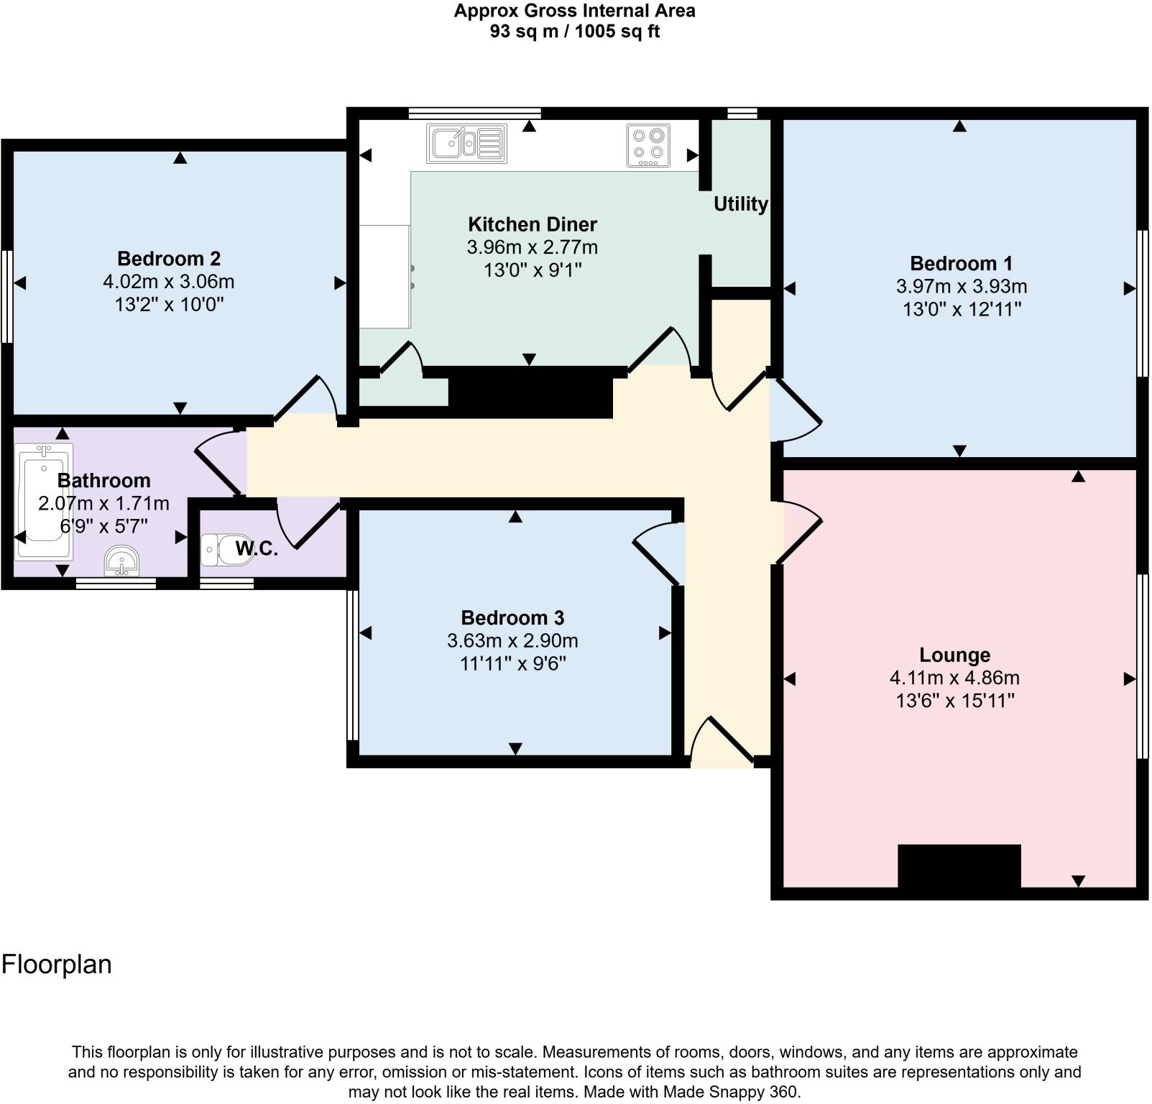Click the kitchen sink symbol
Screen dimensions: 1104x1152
[466, 142]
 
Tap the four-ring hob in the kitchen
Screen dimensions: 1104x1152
[648, 145]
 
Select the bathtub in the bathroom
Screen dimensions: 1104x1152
[43, 501]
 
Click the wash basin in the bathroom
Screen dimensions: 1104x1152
[121, 560]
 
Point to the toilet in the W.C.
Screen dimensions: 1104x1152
[220, 550]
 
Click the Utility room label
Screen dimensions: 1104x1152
[740, 204]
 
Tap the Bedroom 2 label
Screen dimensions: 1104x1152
[169, 259]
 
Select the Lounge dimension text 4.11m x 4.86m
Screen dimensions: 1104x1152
[954, 678]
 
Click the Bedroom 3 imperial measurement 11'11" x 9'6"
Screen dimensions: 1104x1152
[512, 663]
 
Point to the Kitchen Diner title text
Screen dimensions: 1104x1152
[532, 224]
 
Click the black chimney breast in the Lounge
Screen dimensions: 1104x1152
[959, 866]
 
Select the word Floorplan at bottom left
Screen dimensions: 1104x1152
[57, 964]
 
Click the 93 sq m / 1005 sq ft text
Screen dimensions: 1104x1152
[574, 32]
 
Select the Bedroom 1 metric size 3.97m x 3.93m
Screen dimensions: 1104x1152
[961, 286]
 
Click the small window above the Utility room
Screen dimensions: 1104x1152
[742, 113]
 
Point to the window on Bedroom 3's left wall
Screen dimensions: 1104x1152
[352, 666]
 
